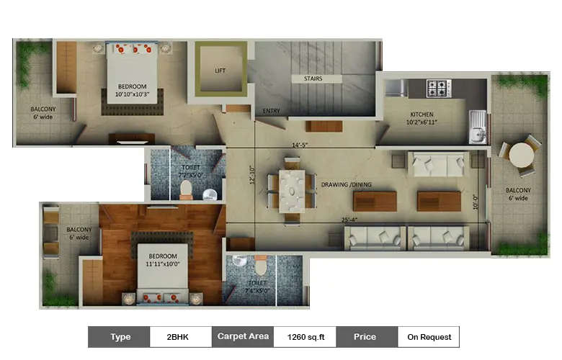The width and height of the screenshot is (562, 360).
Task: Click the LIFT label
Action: [220, 71]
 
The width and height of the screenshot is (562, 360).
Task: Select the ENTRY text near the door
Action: [271, 111]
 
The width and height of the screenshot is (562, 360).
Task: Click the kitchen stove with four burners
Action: [438, 88]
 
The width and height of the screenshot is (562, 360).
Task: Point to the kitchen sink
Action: [476, 126]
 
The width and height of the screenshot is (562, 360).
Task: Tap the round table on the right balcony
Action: [520, 155]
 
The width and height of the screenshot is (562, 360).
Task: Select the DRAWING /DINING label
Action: [347, 185]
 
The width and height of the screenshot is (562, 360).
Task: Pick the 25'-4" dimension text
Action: [352, 220]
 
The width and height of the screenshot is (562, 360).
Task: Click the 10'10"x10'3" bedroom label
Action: [132, 91]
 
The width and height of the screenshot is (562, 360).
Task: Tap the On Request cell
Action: [429, 336]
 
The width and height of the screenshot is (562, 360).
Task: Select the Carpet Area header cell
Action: [242, 336]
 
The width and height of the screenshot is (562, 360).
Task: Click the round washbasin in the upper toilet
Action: [210, 194]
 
